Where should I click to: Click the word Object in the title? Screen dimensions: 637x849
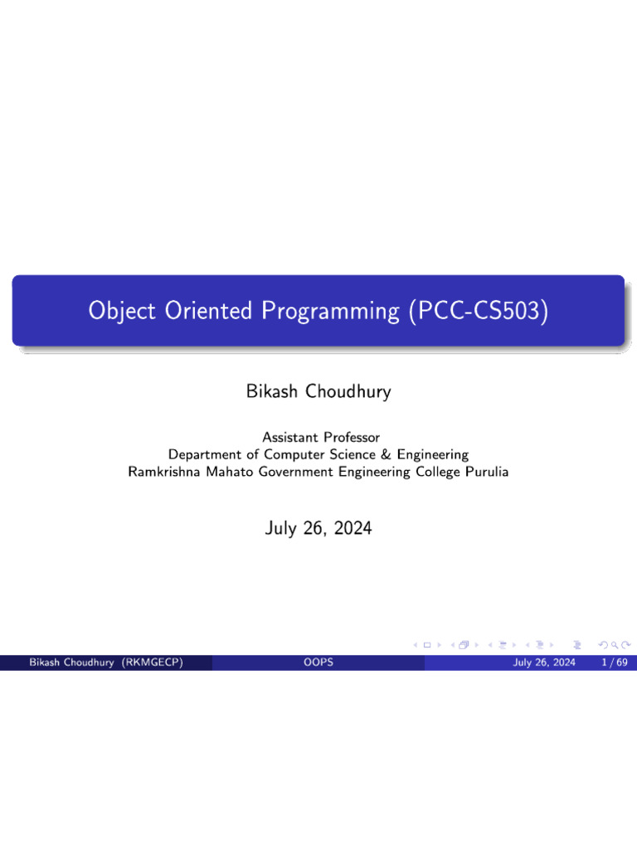point(122,312)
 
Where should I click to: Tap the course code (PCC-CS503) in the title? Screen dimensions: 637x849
point(479,311)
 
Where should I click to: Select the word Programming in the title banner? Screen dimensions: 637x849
point(330,312)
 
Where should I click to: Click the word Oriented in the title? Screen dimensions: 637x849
point(208,311)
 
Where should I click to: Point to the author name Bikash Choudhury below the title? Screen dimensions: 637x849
point(318,391)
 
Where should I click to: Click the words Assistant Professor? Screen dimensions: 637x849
point(321,437)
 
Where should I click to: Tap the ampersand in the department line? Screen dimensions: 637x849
point(386,454)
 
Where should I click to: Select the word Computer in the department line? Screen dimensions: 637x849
point(294,455)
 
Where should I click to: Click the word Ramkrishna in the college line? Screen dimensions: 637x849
point(163,472)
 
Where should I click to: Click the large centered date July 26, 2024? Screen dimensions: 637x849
point(318,528)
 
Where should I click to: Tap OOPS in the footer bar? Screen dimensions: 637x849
point(318,662)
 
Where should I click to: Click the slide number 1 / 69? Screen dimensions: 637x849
point(615,662)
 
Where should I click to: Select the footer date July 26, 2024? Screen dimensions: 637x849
point(544,662)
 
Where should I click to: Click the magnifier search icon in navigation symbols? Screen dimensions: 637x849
point(615,645)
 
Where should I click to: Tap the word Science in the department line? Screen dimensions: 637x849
point(352,454)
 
